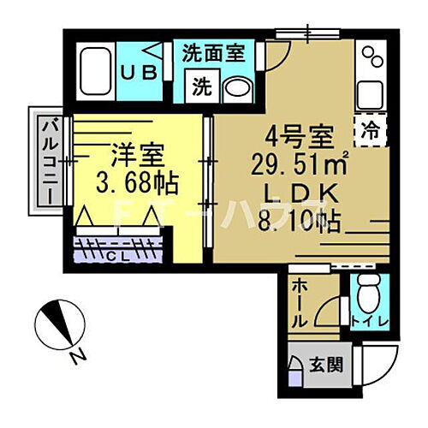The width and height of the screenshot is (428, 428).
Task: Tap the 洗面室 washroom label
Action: pyautogui.click(x=214, y=51)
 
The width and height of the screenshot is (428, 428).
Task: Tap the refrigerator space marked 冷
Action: pyautogui.click(x=371, y=132)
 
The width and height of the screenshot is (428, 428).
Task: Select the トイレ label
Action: pyautogui.click(x=371, y=322)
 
